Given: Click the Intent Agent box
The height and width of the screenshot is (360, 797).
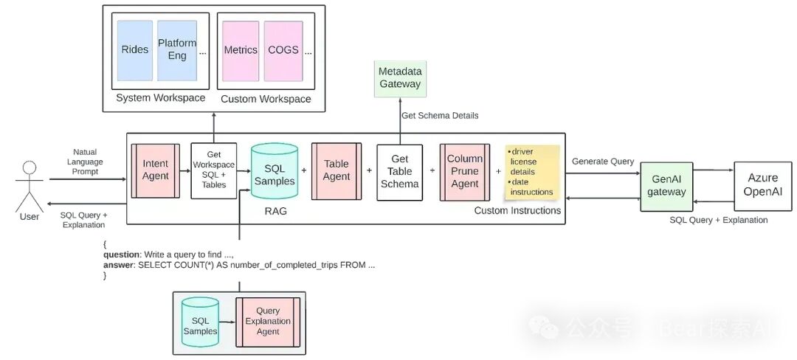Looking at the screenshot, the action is point(156,170).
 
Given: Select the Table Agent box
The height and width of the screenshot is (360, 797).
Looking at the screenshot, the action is point(337,170).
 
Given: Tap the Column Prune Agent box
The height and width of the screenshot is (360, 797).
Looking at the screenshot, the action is point(465,172).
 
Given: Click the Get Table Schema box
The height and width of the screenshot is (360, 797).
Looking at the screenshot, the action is point(399,172).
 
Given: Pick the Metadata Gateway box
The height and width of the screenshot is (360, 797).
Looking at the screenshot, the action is point(400,79).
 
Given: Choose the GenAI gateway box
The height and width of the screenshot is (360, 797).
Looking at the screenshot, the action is point(666,187).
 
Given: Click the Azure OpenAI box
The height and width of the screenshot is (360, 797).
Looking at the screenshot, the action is point(762,186).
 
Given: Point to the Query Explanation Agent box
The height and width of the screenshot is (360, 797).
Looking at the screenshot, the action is point(268,321).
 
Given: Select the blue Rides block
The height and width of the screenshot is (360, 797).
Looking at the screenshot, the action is point(135,50).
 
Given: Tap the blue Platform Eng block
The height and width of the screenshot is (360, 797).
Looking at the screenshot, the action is point(177,50).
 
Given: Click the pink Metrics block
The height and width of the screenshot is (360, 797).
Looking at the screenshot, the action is point(241,51).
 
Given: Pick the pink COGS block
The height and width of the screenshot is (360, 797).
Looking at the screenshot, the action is point(283,51).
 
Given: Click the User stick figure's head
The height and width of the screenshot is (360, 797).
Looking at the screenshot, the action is point(30,169).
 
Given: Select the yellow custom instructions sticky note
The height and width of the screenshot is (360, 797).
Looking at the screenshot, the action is point(532,172).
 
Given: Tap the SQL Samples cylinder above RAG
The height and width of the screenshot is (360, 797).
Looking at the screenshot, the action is point(275,171).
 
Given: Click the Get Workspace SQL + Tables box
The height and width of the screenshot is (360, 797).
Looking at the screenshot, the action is point(214,171).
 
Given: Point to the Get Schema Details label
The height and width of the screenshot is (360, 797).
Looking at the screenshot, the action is point(440,116).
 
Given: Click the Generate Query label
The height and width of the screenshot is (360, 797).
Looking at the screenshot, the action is point(603,162).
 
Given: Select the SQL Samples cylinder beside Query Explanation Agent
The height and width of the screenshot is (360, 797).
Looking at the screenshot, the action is point(200,322).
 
